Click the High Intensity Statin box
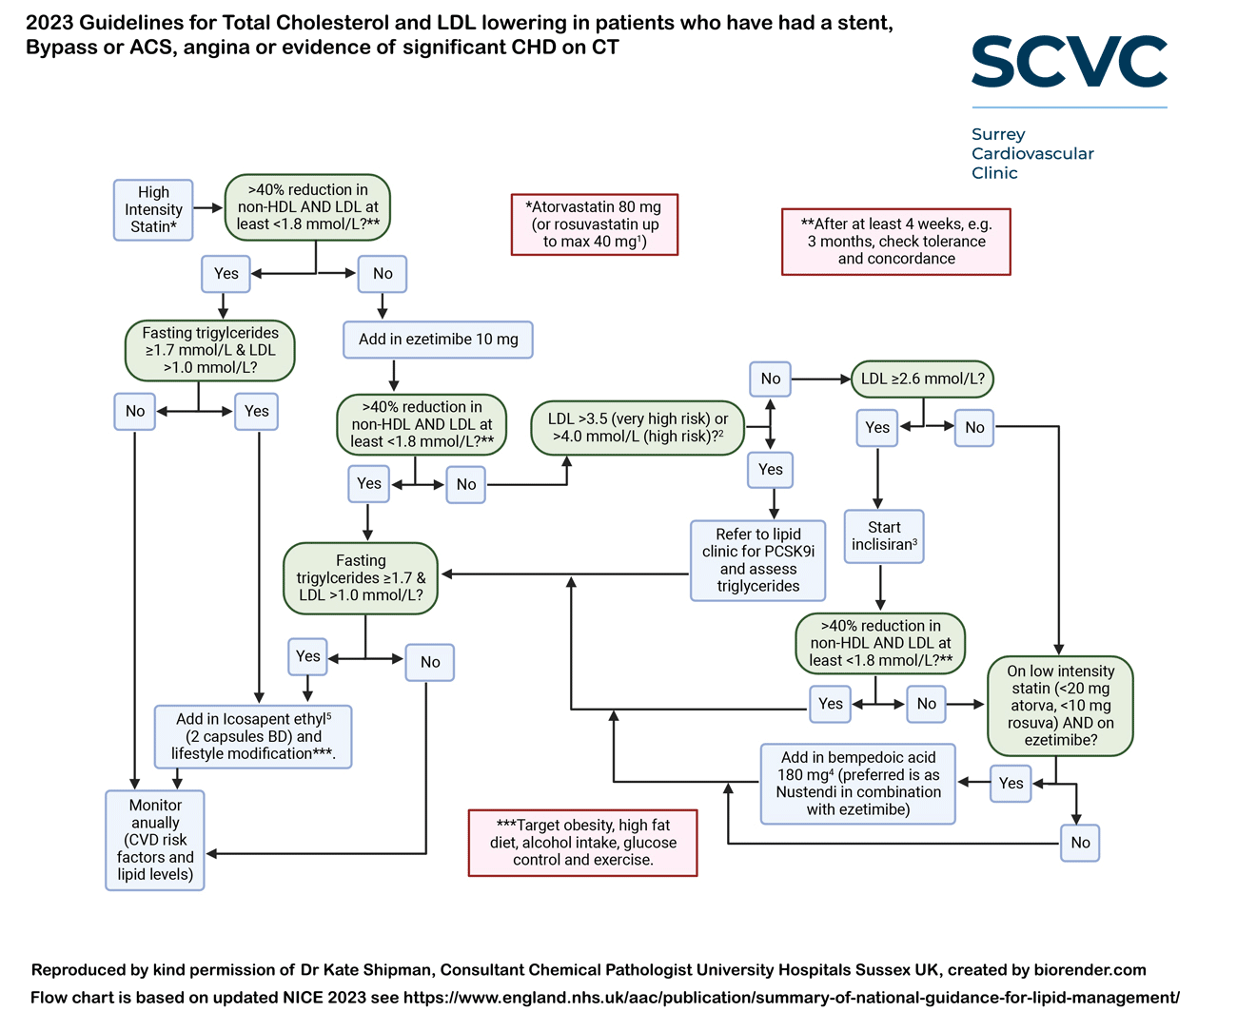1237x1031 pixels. click(153, 209)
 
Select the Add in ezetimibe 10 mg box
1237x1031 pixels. click(438, 340)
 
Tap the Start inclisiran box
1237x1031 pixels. click(884, 536)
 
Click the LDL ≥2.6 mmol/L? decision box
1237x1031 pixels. click(922, 379)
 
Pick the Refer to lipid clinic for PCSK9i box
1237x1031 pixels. click(758, 560)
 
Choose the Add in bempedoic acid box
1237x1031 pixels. click(858, 784)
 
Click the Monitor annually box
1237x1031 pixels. click(155, 840)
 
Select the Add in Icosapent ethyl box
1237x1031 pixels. click(253, 736)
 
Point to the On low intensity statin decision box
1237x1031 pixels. click(1060, 705)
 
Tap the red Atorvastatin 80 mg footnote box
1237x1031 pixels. click(595, 224)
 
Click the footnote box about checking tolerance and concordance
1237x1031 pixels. click(895, 242)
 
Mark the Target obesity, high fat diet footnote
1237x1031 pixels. click(582, 843)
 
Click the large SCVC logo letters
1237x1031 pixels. click(1069, 63)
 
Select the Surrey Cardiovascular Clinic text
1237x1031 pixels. click(1031, 153)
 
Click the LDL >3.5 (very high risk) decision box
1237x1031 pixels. click(638, 427)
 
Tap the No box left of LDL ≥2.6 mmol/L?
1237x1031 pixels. click(770, 379)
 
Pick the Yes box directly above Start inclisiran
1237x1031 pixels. click(877, 428)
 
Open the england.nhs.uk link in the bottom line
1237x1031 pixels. click(791, 998)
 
